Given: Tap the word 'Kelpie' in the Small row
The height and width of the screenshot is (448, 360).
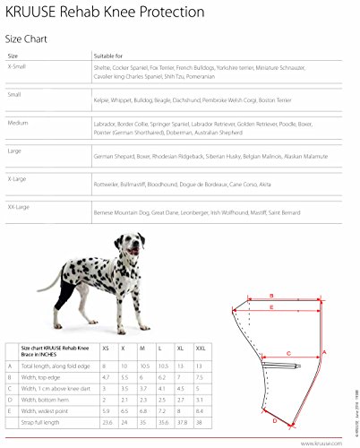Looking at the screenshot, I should tap(103, 101).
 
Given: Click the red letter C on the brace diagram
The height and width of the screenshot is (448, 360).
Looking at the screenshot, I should tap(290, 352).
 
